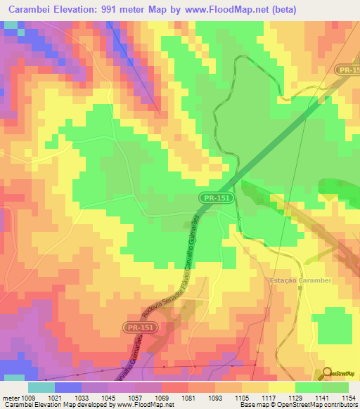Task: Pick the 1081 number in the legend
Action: [188, 398]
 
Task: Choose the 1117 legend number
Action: [268, 398]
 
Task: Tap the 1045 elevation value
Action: [108, 398]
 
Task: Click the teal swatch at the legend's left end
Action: [41, 387]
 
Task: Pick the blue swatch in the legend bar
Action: [68, 387]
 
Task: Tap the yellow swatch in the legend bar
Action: [281, 387]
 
